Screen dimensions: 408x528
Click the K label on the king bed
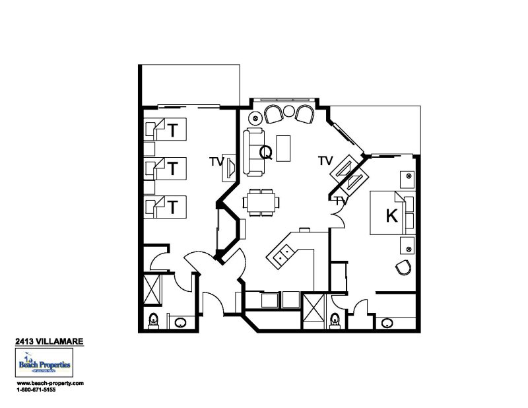point(391,217)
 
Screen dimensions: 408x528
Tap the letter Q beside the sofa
point(265,153)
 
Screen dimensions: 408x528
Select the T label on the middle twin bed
point(172,168)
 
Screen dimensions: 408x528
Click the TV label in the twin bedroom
point(215,160)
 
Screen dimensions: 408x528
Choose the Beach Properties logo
point(44,364)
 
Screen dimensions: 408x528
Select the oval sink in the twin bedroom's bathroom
point(180,322)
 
